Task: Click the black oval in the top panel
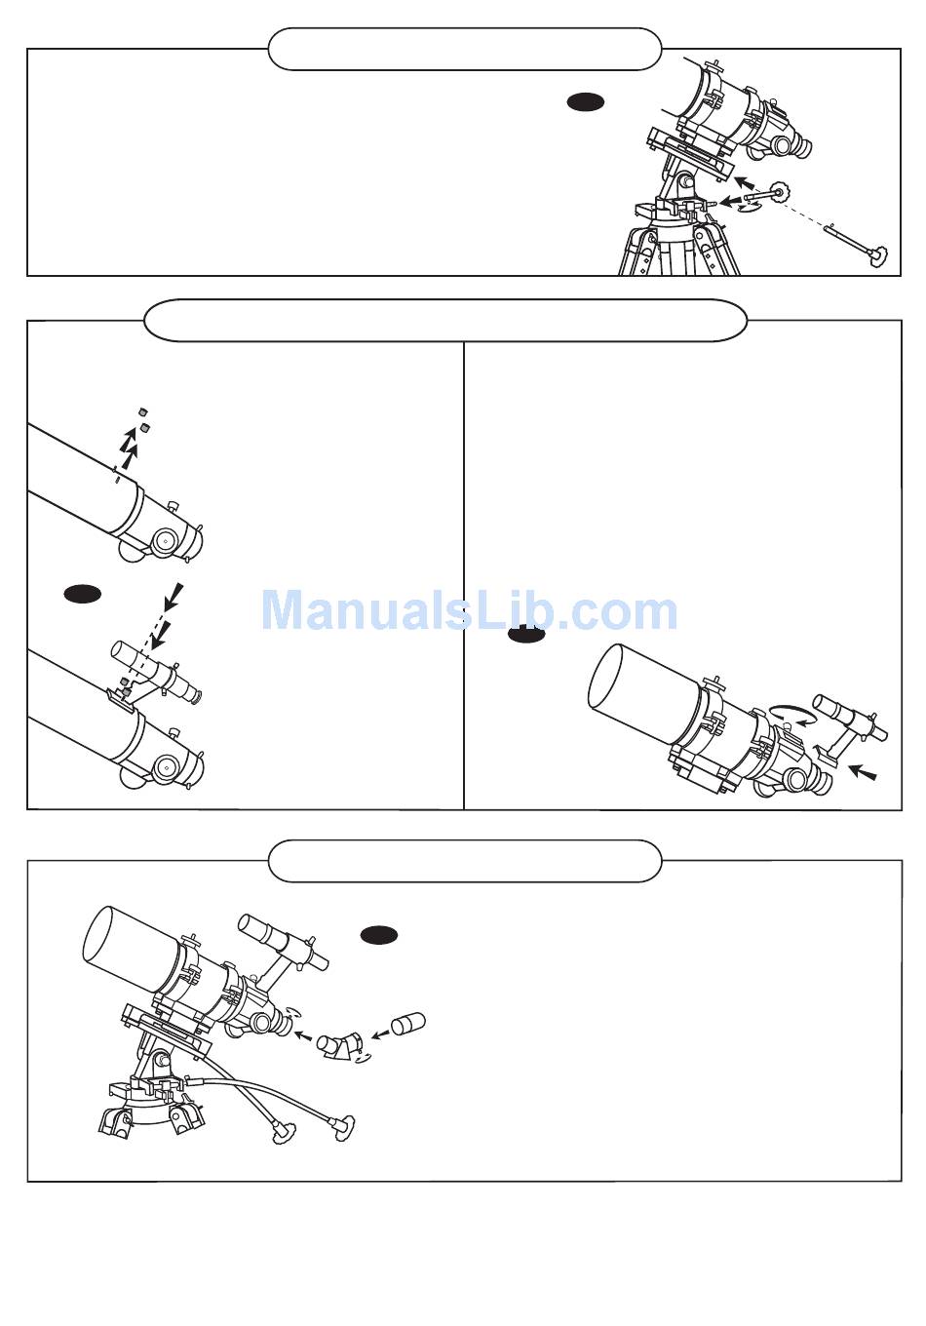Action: tap(586, 101)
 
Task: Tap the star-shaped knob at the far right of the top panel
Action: tap(880, 256)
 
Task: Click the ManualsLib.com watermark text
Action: tap(469, 611)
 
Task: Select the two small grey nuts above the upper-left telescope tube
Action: tap(143, 419)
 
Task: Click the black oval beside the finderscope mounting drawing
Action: tap(83, 593)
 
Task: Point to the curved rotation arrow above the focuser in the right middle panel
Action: tap(792, 716)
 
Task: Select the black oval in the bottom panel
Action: tap(378, 935)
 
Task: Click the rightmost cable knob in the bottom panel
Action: tap(344, 1127)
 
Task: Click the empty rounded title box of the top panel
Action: tap(464, 49)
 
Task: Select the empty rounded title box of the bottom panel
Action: tap(464, 861)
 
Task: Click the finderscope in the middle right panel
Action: tap(848, 719)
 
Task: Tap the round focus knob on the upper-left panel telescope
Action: tap(165, 539)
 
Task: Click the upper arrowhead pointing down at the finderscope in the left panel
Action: tap(173, 593)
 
